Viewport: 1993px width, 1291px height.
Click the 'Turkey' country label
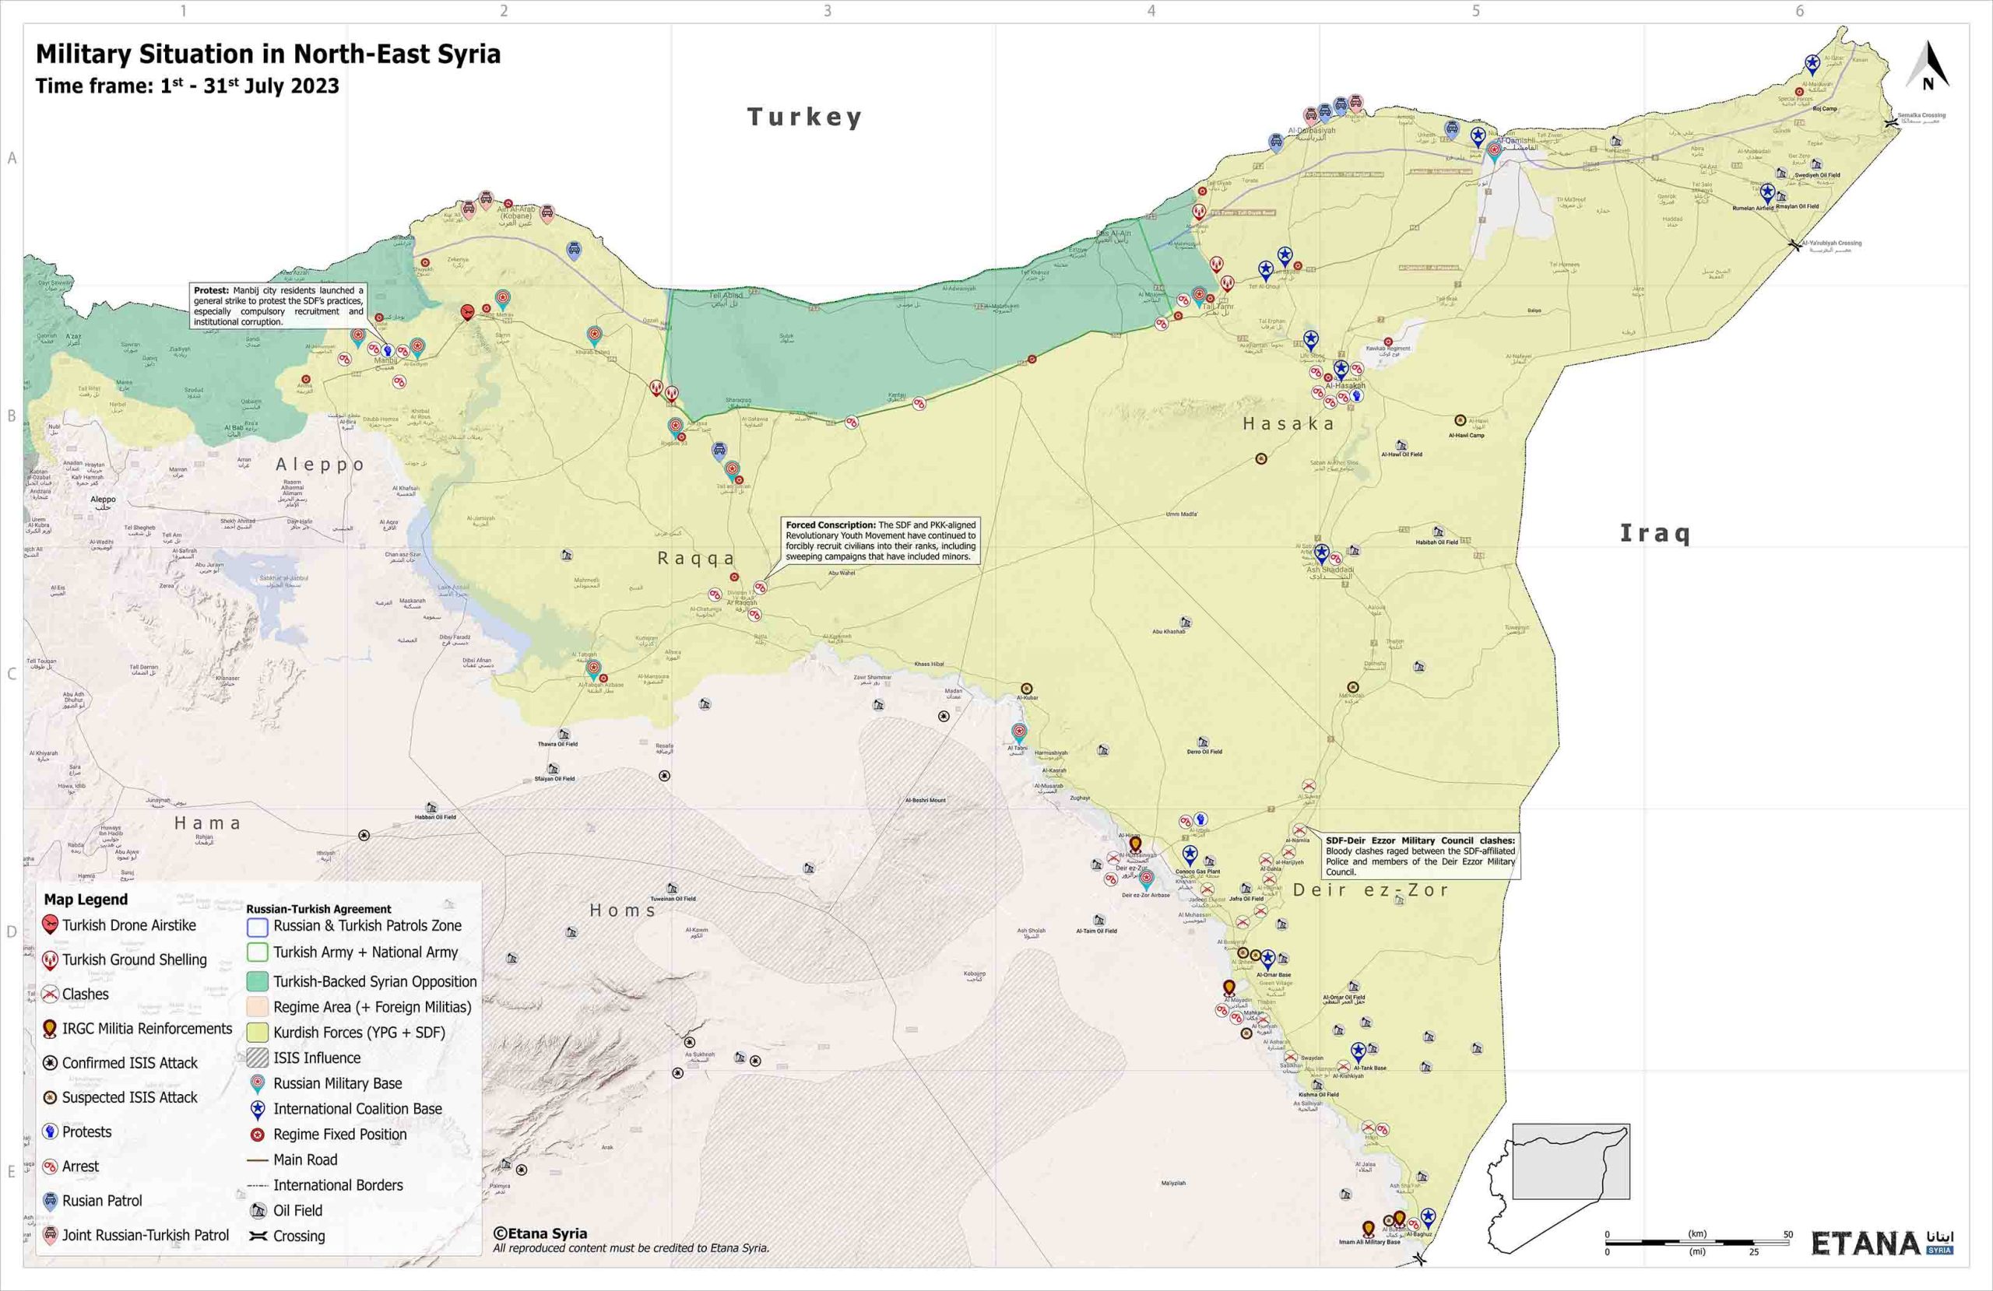click(x=804, y=117)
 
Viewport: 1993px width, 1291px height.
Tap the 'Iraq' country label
click(x=1654, y=532)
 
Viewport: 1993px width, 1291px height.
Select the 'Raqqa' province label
click(x=696, y=559)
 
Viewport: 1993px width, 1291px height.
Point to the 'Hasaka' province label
click(x=1288, y=423)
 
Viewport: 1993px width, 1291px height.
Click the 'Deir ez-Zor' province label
click(x=1371, y=890)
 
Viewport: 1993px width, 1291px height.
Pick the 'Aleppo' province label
click(x=321, y=464)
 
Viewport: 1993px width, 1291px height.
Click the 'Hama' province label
click(x=208, y=823)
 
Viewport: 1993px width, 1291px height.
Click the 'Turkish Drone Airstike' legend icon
click(x=51, y=925)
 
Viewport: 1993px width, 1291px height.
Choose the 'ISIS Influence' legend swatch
click(x=258, y=1058)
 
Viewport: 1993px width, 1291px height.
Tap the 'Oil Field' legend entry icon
click(x=258, y=1211)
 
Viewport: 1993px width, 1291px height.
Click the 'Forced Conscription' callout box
click(x=880, y=541)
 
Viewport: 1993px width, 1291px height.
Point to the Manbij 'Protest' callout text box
click(x=278, y=306)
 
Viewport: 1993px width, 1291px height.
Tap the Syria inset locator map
click(x=1559, y=1182)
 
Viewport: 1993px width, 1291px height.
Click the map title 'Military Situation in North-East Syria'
click(x=268, y=54)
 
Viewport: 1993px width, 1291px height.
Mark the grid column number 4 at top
click(x=1151, y=11)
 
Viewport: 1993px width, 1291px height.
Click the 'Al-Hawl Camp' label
click(x=1465, y=435)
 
